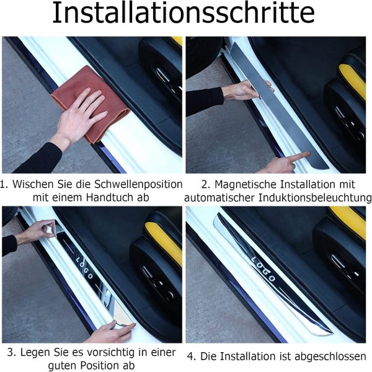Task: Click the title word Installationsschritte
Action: pos(184,12)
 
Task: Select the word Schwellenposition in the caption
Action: pos(138,185)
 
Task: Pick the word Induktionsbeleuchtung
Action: pos(315,198)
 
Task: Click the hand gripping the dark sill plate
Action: pos(247,91)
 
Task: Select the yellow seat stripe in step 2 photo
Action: pos(352,80)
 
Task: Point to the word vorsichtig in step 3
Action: pos(112,353)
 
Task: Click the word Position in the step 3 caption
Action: pos(104,365)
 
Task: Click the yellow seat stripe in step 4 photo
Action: pos(348,221)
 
